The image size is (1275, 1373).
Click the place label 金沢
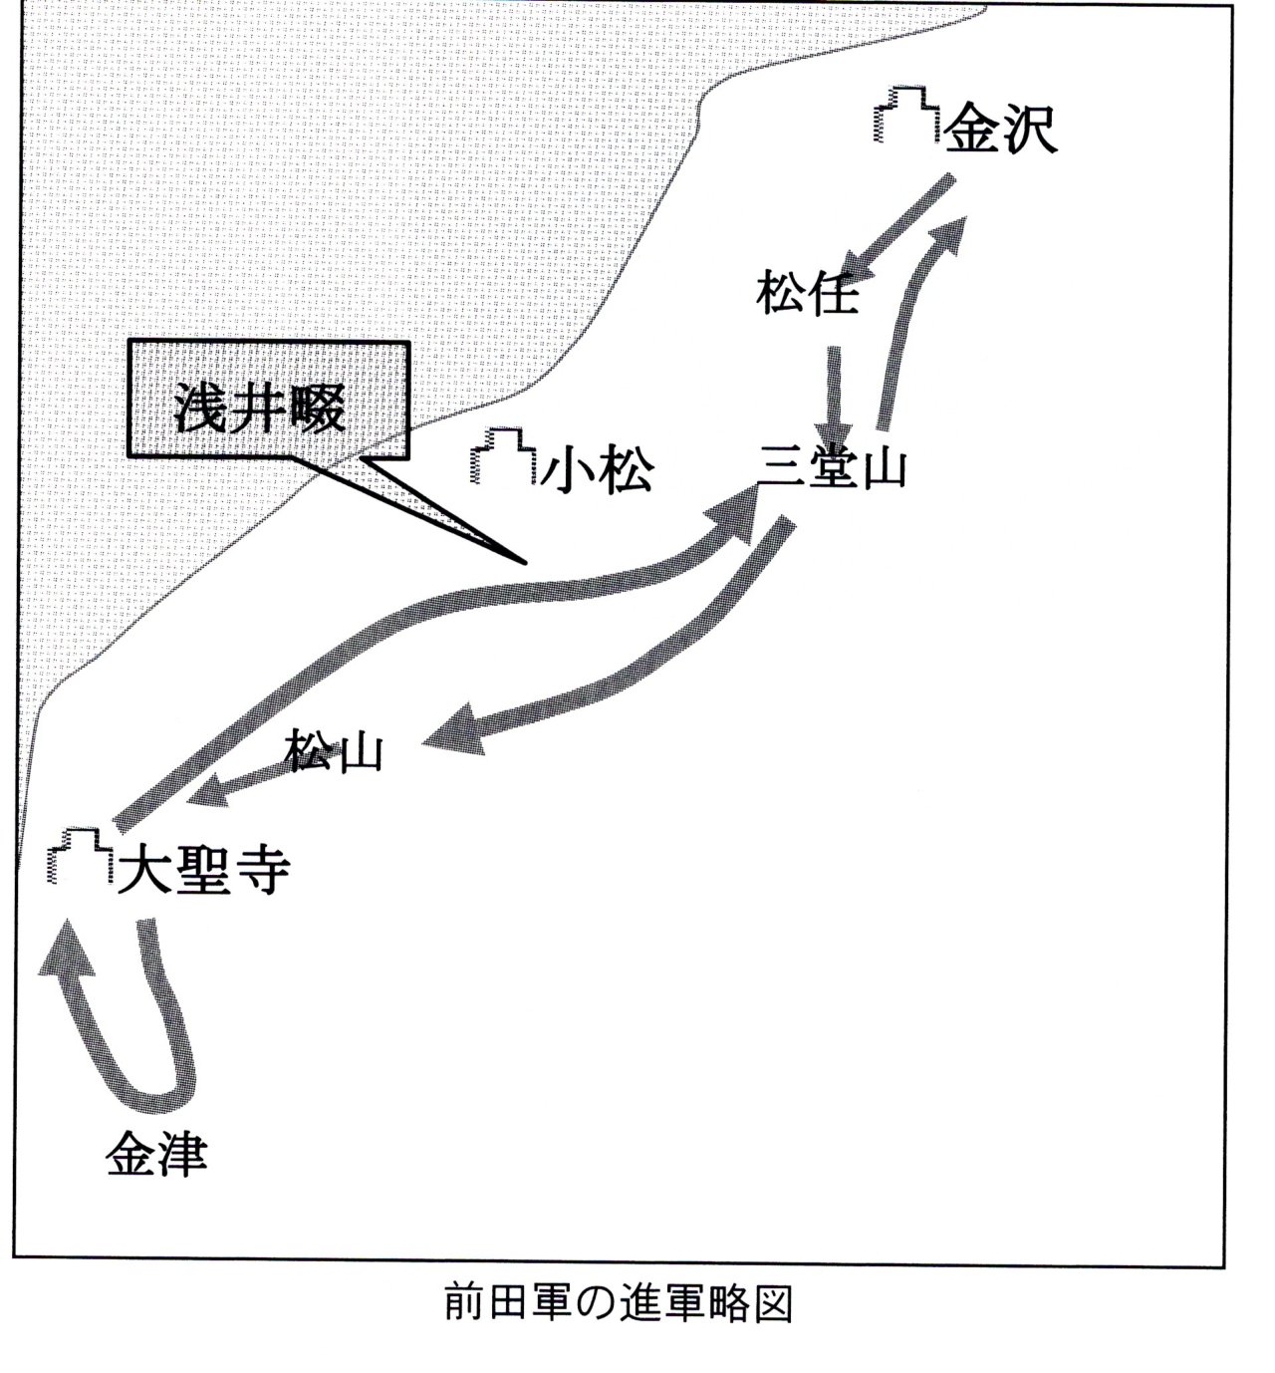coord(999,130)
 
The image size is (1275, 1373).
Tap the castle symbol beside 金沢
coord(907,115)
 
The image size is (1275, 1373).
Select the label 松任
coord(807,293)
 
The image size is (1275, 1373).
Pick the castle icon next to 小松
coord(503,455)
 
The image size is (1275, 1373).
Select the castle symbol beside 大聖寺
coord(81,855)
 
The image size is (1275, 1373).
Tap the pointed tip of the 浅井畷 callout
coord(526,563)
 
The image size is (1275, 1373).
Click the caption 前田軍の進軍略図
coord(618,1304)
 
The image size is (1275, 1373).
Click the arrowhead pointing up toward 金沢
coord(955,234)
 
